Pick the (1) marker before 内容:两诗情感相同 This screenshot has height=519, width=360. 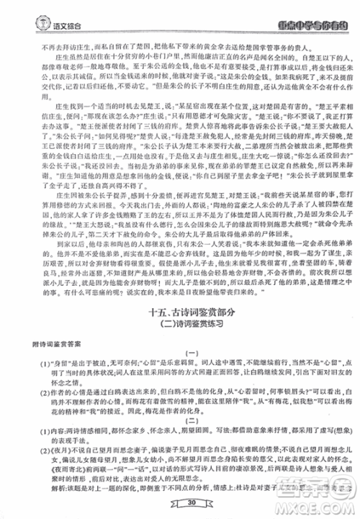(x=28, y=431)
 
